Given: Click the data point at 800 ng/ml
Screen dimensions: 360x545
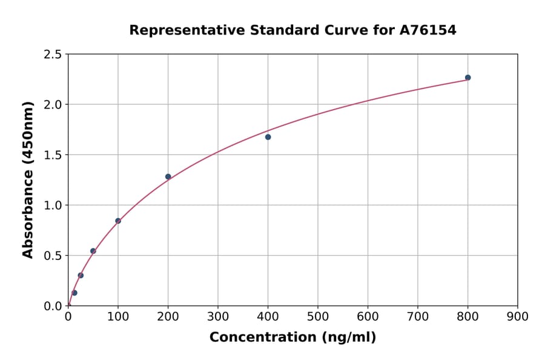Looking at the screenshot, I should (467, 78).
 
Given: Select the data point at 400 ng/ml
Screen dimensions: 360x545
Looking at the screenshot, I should (268, 137).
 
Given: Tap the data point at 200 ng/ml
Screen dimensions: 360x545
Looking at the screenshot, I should (168, 177).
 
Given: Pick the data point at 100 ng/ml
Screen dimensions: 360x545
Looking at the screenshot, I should (118, 221).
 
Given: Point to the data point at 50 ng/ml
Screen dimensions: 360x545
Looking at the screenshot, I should (93, 251).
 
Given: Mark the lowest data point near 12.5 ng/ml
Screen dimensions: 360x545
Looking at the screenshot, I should (74, 293).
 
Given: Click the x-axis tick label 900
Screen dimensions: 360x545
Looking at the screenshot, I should (517, 316).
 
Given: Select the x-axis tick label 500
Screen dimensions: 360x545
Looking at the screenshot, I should (317, 316).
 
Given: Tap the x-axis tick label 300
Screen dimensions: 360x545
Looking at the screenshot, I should (217, 316).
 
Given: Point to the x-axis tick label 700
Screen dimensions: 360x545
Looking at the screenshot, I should (417, 316).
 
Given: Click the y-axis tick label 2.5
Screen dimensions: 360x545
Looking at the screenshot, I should (53, 55).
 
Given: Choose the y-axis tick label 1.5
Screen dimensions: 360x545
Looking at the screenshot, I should (53, 155).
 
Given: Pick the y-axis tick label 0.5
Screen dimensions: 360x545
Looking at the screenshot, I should (53, 256).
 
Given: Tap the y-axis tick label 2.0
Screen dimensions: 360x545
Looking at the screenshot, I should (53, 105).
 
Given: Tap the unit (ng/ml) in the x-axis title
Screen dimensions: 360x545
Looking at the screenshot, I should (346, 337).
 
